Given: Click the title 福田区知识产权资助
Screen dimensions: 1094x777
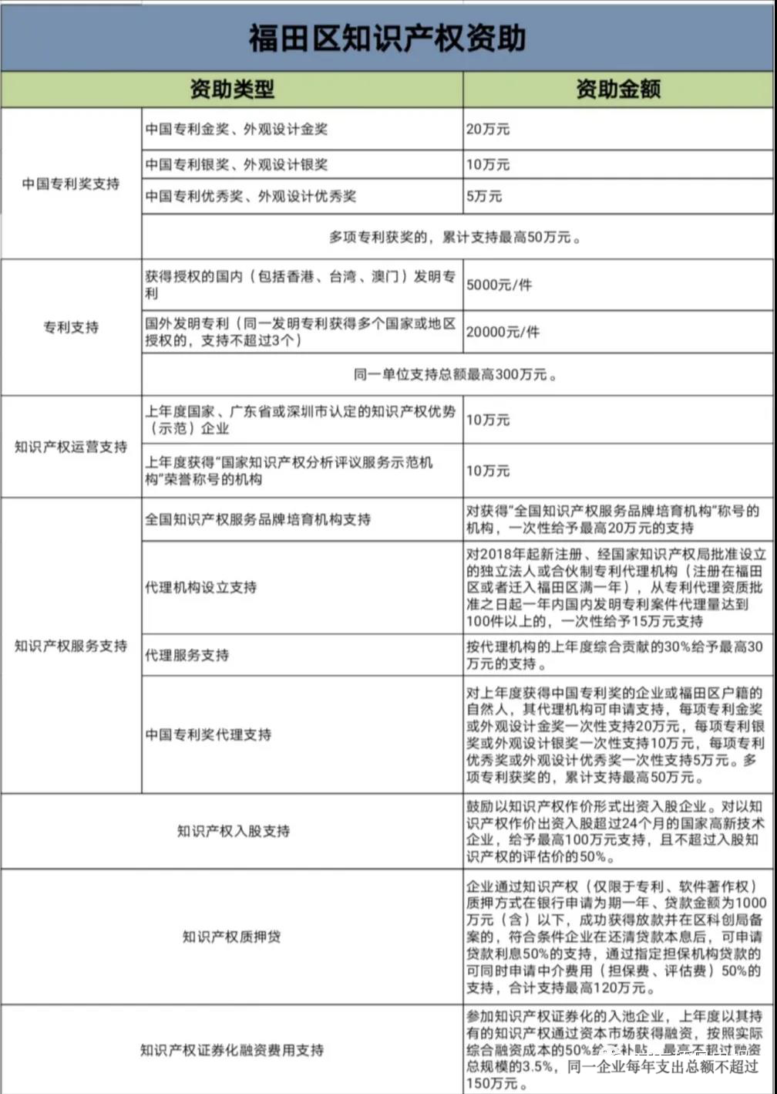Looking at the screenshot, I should click(387, 37).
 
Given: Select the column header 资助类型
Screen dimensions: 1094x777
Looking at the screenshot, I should click(232, 89).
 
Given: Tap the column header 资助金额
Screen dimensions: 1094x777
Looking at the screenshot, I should click(618, 89).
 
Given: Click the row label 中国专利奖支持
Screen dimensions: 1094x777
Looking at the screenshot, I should click(71, 184).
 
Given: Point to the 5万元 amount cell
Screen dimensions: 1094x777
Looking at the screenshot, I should click(484, 197).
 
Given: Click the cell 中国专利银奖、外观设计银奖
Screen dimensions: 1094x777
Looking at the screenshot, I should click(237, 164).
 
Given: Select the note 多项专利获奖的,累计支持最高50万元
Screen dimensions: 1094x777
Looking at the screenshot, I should click(455, 238).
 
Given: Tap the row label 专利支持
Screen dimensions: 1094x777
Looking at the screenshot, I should click(71, 327).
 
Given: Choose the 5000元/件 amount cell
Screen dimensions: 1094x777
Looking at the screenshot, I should click(499, 285).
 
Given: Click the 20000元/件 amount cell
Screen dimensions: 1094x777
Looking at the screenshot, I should click(503, 333).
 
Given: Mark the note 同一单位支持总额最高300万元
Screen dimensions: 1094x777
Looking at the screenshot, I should click(455, 375).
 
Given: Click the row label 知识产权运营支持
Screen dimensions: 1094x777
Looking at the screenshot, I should click(71, 447).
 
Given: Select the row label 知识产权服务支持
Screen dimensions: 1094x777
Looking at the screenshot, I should click(71, 646).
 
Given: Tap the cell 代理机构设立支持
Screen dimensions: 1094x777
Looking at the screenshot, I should click(201, 587).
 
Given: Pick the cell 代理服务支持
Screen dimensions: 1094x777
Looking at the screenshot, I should click(187, 655).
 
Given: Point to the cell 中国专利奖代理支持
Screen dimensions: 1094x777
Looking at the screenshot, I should click(208, 734).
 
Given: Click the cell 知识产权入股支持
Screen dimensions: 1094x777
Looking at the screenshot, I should click(233, 831).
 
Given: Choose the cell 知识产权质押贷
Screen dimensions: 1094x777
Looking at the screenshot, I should click(232, 937).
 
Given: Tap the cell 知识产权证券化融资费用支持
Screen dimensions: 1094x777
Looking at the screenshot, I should click(232, 1050).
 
